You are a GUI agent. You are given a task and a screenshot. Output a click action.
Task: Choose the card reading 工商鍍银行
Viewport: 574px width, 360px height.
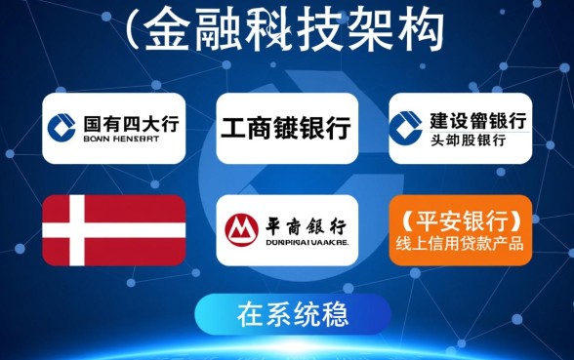pos(286,128)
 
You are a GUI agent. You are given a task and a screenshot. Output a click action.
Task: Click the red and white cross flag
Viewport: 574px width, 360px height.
pos(114,230)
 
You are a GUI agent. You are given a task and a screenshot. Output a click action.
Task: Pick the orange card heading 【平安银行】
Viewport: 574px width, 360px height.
pos(461,218)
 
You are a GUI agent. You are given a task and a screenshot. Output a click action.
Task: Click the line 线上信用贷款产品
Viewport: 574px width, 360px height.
pos(461,243)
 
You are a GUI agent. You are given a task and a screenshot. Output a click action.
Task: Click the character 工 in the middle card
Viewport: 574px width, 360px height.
pos(232,128)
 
